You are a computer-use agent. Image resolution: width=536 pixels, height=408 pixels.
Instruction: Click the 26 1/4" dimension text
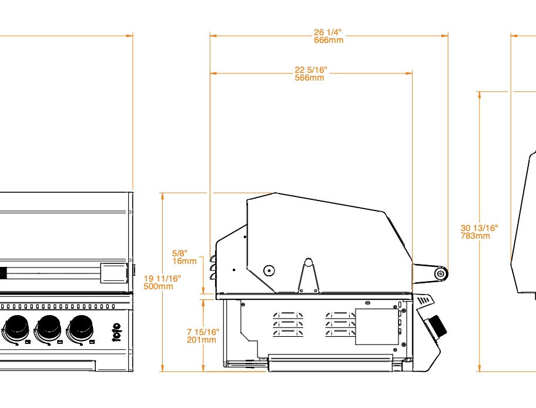[327, 32]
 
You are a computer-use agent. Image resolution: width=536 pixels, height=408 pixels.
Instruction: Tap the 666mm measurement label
[329, 40]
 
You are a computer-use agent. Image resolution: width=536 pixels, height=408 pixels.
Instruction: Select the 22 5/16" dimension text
[311, 70]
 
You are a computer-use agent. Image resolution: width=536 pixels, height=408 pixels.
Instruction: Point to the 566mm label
[309, 78]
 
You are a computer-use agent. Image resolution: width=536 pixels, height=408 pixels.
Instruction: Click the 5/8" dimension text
[179, 253]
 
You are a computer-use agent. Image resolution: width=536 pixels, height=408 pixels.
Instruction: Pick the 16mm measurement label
[185, 261]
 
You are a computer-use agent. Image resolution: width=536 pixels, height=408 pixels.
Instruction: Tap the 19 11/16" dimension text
[162, 279]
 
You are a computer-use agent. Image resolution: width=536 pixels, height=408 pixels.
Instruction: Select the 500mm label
[158, 286]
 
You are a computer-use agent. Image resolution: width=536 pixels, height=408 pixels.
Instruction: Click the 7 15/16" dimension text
[203, 332]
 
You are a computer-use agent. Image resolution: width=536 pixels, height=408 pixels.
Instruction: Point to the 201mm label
[202, 340]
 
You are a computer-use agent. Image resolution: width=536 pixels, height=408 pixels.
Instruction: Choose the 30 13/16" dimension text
[479, 228]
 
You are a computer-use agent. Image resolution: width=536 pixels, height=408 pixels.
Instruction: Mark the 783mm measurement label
[475, 236]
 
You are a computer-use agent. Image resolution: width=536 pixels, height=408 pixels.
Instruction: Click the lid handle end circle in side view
[441, 273]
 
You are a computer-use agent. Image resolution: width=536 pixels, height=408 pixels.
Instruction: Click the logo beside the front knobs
[116, 332]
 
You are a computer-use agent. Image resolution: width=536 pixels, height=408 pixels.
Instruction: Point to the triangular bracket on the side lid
[309, 276]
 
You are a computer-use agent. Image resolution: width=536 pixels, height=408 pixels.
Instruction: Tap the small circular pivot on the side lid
[269, 270]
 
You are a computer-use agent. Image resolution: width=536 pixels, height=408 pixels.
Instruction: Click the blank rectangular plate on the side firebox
[377, 327]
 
